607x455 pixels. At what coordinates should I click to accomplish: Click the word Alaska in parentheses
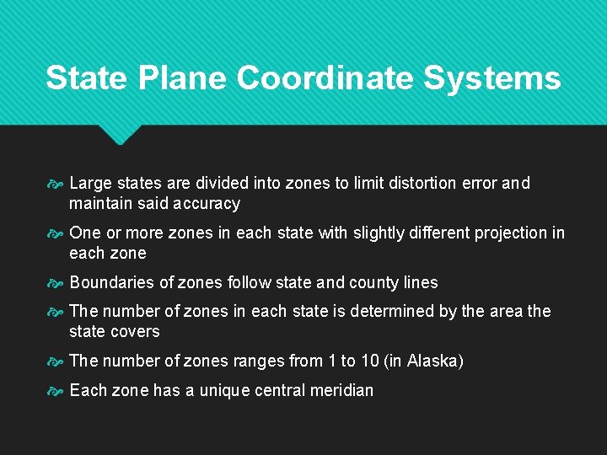coord(432,361)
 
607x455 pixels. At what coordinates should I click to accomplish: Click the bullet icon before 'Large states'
coord(55,184)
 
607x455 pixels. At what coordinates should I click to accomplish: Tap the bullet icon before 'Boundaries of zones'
coord(55,283)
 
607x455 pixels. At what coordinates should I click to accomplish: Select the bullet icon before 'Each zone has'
coord(55,391)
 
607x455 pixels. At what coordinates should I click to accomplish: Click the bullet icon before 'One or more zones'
coord(55,233)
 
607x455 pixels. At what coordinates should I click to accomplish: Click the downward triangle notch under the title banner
coord(119,134)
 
